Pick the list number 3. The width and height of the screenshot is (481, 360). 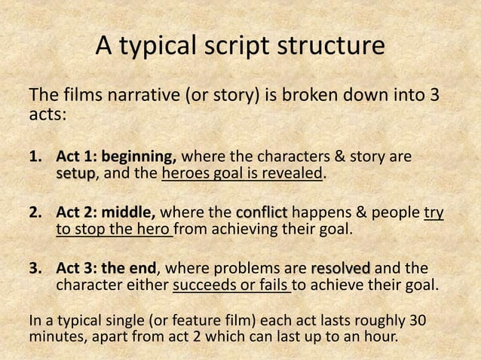34,269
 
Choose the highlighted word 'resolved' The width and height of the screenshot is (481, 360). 340,269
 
